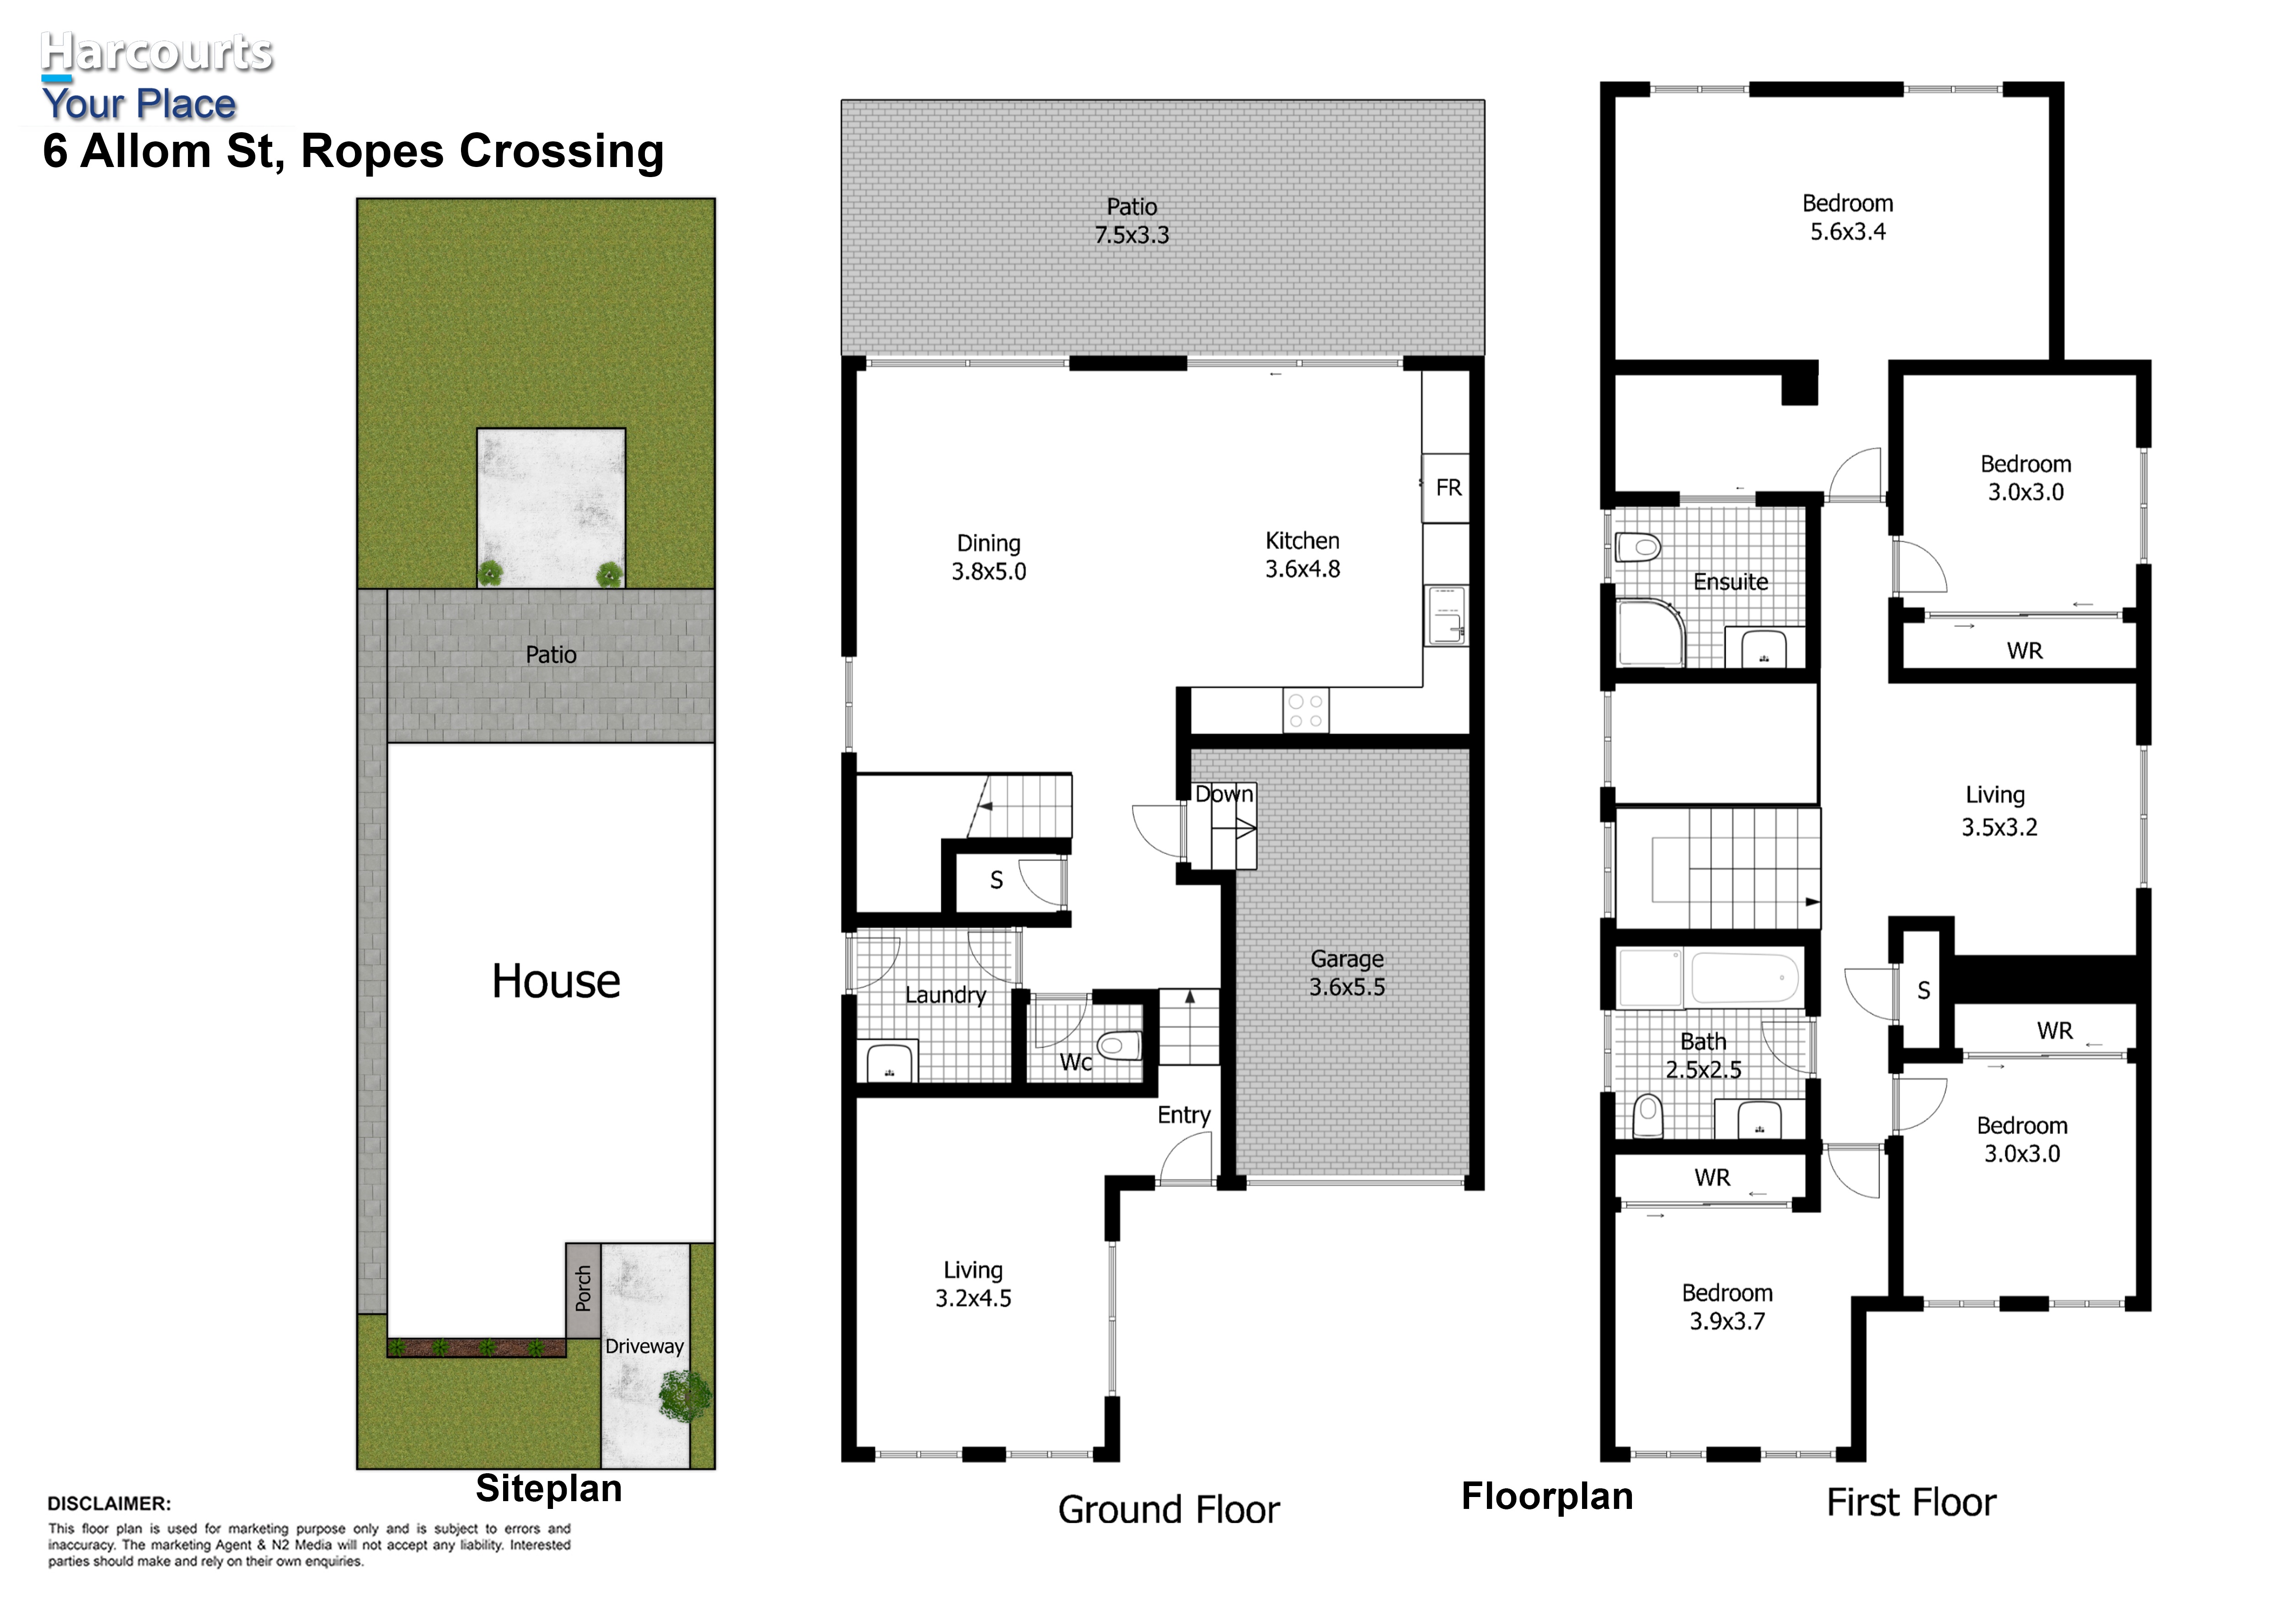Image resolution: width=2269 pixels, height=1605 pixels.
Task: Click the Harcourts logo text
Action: (156, 52)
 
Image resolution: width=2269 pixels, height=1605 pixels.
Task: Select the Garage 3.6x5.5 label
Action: (1347, 973)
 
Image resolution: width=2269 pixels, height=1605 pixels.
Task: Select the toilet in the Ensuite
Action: (1637, 547)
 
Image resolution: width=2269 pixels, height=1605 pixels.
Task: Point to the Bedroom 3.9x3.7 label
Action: (1727, 1307)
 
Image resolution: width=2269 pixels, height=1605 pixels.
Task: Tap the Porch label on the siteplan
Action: (583, 1289)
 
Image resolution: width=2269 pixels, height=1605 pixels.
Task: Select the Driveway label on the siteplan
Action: (644, 1346)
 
